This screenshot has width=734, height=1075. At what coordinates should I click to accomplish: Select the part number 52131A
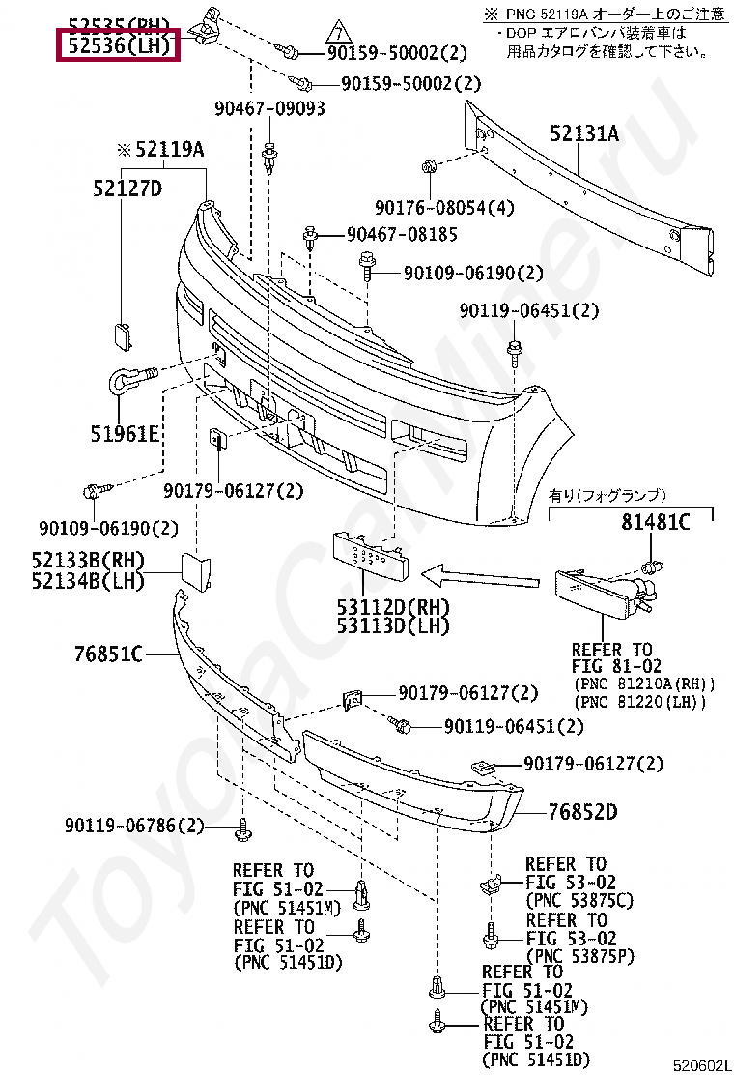(x=584, y=133)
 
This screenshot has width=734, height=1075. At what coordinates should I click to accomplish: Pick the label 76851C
(x=109, y=654)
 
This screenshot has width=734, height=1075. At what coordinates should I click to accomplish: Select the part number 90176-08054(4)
(x=445, y=208)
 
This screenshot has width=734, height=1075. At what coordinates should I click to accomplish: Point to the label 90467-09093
(x=269, y=109)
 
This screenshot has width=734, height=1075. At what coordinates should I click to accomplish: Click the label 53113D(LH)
(x=393, y=626)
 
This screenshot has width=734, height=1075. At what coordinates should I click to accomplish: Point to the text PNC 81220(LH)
(x=640, y=701)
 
